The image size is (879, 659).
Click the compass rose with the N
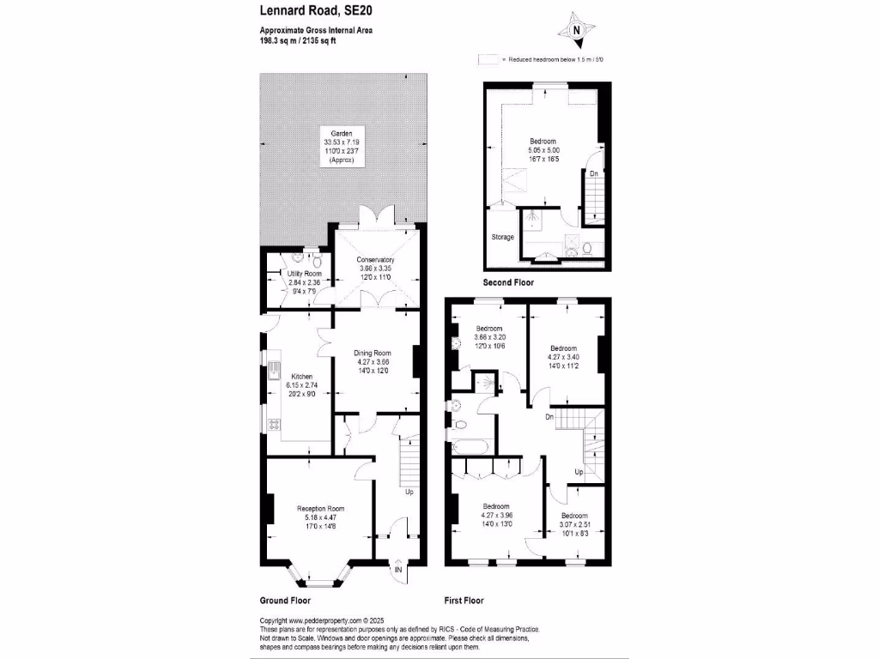[577, 28]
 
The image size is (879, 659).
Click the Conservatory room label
[375, 260]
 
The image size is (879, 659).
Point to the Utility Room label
[304, 274]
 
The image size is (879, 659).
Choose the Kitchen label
[301, 377]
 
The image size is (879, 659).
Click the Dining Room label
[373, 353]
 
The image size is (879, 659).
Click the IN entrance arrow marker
[399, 569]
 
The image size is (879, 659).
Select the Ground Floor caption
[285, 601]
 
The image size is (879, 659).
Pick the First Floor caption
[464, 601]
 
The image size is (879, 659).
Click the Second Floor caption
[507, 282]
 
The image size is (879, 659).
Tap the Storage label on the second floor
[502, 237]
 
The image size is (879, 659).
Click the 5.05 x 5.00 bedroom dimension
[543, 151]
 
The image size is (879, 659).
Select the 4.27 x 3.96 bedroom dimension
[495, 516]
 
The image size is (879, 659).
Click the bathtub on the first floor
[468, 445]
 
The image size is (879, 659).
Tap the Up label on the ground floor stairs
[409, 493]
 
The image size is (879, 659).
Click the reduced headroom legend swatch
[489, 60]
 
